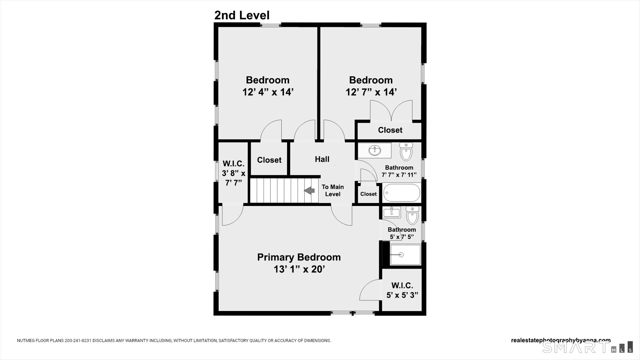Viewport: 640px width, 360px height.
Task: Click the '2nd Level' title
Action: click(242, 15)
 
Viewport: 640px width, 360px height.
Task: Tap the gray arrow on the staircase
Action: click(309, 191)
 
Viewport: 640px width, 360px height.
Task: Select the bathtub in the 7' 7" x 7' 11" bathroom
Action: click(402, 193)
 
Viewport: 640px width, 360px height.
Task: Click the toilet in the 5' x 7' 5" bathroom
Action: click(412, 215)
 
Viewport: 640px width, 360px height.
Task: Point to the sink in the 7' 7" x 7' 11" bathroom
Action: click(375, 150)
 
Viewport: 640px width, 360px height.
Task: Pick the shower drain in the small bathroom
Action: click(401, 255)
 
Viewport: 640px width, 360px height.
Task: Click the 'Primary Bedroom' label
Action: click(299, 257)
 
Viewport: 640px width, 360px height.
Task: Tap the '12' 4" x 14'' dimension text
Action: click(268, 92)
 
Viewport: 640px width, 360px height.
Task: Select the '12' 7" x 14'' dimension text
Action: click(371, 92)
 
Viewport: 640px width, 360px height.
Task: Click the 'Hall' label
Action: click(322, 159)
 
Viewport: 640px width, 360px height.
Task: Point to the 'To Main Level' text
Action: click(333, 190)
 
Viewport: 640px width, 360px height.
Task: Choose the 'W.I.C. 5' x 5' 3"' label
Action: click(402, 290)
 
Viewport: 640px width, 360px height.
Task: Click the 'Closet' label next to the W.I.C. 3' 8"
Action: click(269, 160)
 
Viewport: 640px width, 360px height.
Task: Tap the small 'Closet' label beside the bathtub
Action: click(368, 194)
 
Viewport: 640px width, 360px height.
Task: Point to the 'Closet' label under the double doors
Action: click(390, 130)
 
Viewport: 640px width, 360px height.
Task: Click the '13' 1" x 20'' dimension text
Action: click(299, 269)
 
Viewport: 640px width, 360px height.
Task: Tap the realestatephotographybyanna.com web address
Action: click(561, 340)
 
